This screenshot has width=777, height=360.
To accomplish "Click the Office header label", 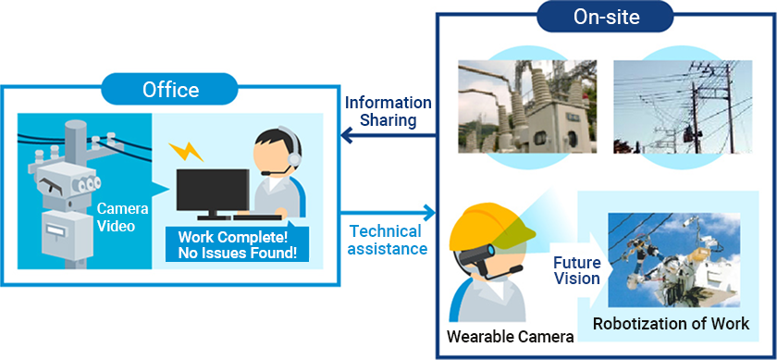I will pos(170,90).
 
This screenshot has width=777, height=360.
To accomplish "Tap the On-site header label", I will pos(606,16).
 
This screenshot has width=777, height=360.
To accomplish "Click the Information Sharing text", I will pos(388,111).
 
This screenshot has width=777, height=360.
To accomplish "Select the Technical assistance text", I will pos(388,240).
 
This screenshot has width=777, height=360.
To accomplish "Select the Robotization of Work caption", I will pos(671,323).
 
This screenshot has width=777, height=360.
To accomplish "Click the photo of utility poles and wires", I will pos(670,107).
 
